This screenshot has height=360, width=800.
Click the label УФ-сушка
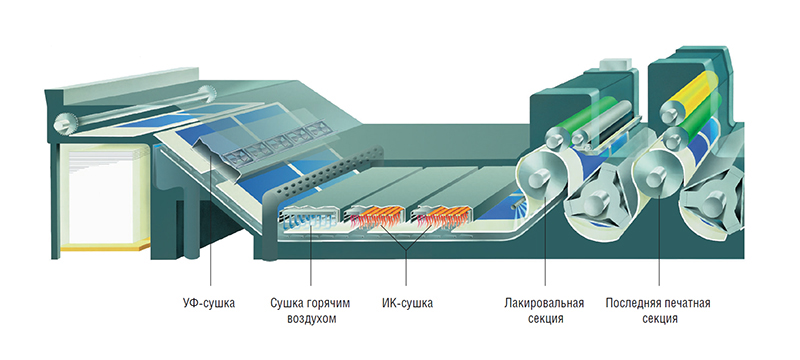click(x=209, y=303)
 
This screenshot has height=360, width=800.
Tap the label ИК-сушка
click(x=407, y=303)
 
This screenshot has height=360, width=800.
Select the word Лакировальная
click(x=544, y=303)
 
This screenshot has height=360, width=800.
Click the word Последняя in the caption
click(x=632, y=303)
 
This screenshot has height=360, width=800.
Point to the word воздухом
click(x=311, y=319)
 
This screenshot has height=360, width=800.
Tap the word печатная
click(x=686, y=303)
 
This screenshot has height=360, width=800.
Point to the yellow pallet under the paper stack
click(x=106, y=248)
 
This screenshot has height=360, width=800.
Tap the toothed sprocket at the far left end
click(x=65, y=123)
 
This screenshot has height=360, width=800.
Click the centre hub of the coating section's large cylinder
click(x=539, y=178)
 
